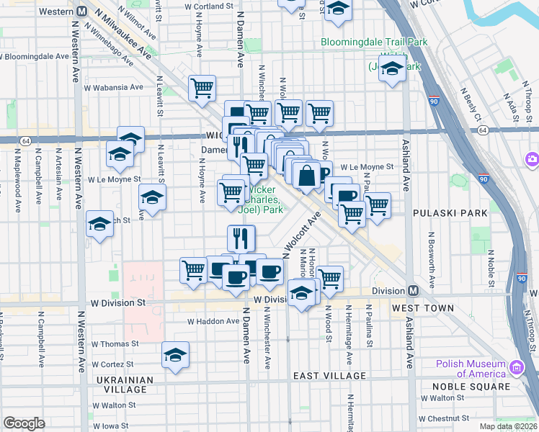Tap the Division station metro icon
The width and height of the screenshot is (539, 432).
coord(413,291)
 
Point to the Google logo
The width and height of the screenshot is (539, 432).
coord(24,423)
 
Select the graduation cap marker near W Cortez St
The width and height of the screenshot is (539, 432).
coord(174,356)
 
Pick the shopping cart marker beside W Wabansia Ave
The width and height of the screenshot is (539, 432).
coord(202,88)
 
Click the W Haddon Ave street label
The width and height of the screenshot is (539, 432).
coord(213,321)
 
